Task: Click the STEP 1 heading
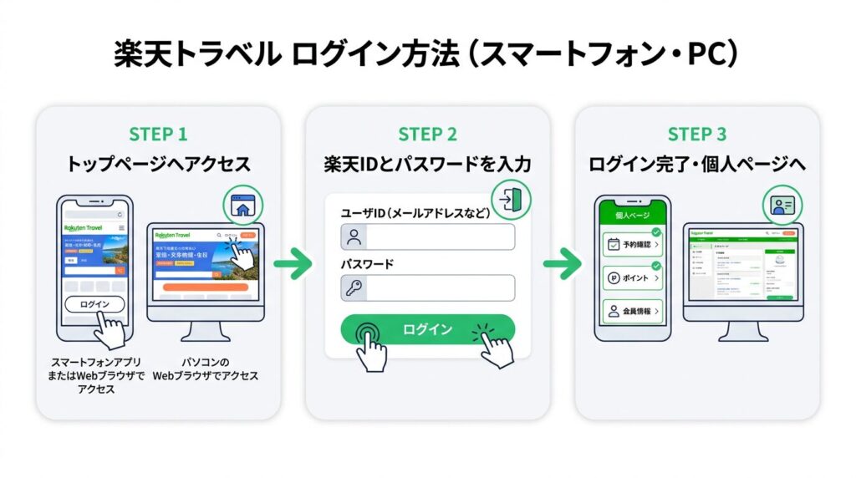(x=158, y=134)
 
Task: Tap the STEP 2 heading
(x=427, y=134)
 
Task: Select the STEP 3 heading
(x=697, y=134)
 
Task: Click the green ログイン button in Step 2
(x=427, y=328)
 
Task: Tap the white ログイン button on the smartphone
(x=94, y=304)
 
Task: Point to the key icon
(x=354, y=288)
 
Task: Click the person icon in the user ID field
(x=354, y=236)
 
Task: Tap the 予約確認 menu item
(x=633, y=245)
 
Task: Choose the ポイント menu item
(x=633, y=277)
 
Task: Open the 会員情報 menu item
(x=633, y=311)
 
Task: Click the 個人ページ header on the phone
(x=633, y=215)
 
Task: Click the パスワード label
(x=367, y=264)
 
